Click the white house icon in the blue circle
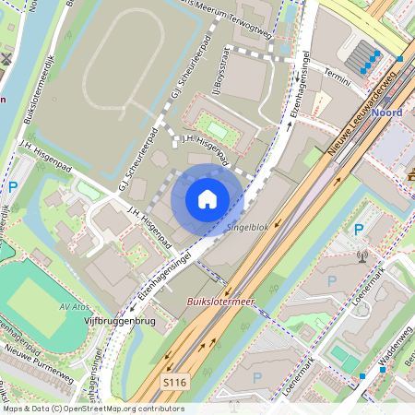pyautogui.click(x=207, y=199)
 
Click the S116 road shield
pyautogui.click(x=175, y=381)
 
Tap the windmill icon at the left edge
pyautogui.click(x=6, y=59)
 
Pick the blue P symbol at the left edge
pyautogui.click(x=13, y=186)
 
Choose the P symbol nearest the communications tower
pyautogui.click(x=359, y=229)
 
